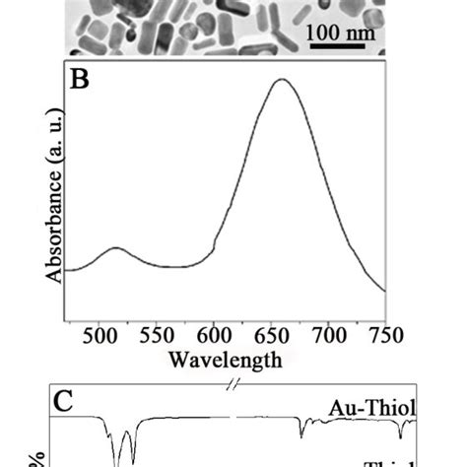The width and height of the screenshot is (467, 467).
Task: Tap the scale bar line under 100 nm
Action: pos(335,46)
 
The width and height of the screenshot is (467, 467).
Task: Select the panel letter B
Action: pos(80,80)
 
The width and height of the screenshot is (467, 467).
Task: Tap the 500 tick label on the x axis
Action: pos(101,334)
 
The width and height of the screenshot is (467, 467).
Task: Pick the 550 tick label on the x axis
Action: pos(158,334)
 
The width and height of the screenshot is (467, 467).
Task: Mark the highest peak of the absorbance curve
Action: pos(282,80)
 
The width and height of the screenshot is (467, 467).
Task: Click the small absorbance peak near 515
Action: pos(116,248)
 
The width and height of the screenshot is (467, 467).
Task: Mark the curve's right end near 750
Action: pos(384,292)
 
